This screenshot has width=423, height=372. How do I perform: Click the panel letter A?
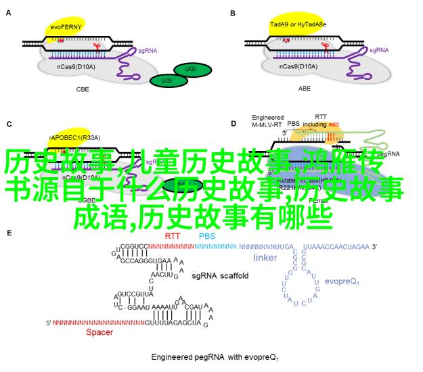9,13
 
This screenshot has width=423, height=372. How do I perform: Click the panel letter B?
233,13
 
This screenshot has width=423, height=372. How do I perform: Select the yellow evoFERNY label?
67,26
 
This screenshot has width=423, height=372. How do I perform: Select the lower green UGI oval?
162,80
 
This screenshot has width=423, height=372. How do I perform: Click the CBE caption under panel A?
83,89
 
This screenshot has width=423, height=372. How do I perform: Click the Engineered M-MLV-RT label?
266,120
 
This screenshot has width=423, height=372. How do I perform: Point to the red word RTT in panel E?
172,235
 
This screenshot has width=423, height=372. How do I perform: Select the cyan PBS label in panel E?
206,235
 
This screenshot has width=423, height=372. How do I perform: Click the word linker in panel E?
265,258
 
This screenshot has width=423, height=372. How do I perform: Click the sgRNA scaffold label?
220,276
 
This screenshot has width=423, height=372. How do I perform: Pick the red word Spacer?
99,332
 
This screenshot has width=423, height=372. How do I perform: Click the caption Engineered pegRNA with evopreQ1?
215,358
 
